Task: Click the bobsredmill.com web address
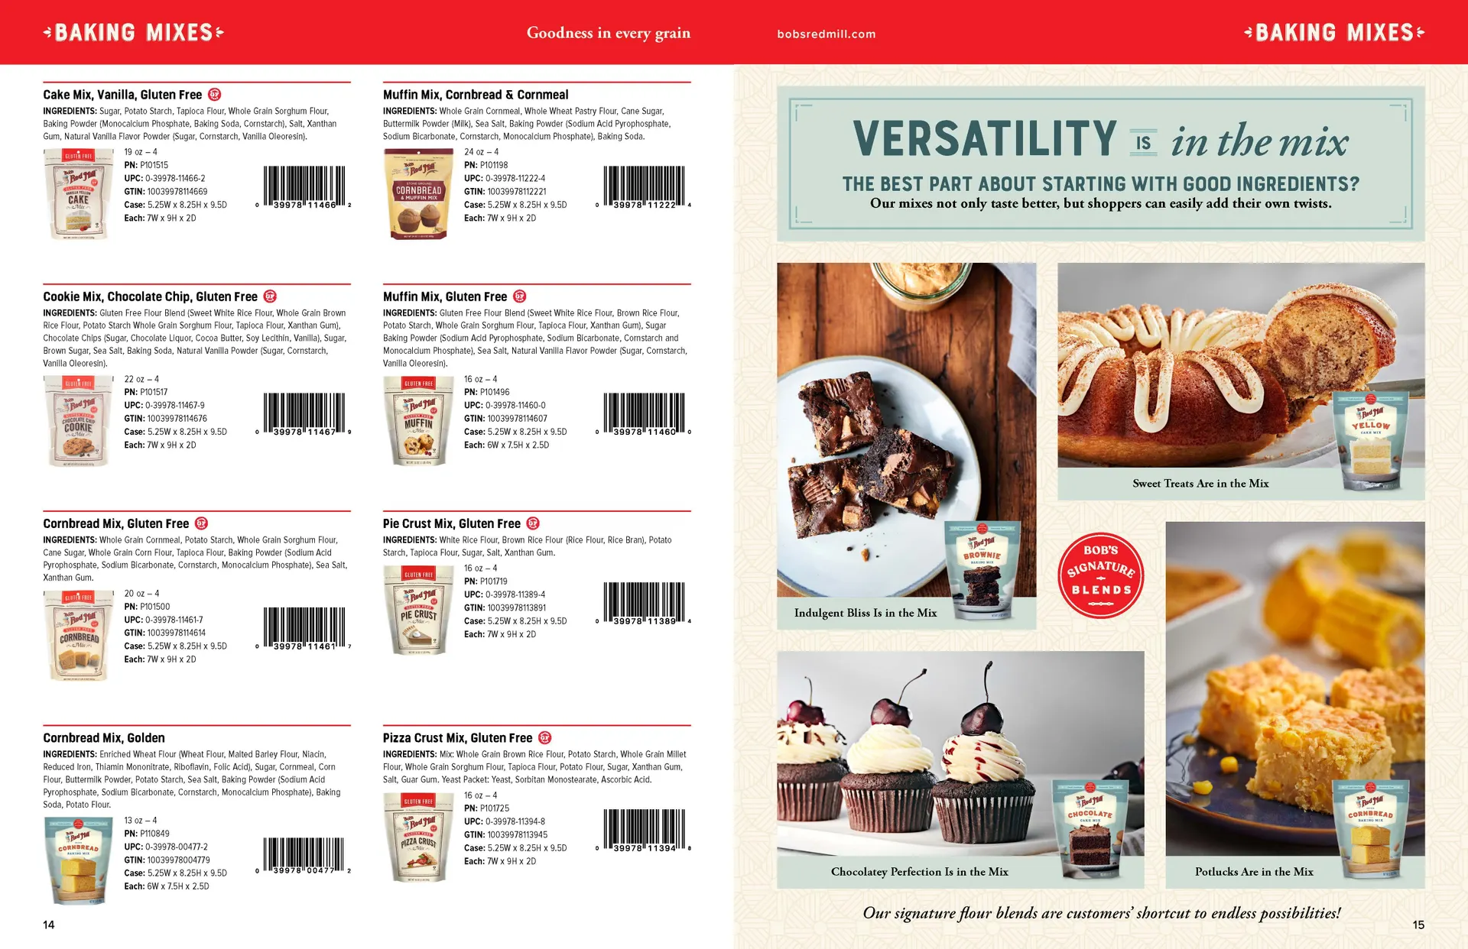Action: tap(826, 34)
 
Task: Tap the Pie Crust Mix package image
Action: tap(419, 610)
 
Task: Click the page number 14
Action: tap(49, 925)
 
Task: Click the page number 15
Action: tap(1418, 925)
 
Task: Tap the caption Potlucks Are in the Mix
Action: tap(1254, 872)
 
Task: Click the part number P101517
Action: tap(154, 392)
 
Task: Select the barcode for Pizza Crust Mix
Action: tap(644, 830)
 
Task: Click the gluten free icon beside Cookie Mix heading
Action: tap(270, 296)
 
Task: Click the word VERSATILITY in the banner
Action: tap(985, 139)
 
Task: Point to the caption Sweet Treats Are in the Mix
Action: tap(1200, 484)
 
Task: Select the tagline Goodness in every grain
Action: tap(608, 33)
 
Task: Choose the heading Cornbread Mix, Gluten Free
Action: tap(115, 523)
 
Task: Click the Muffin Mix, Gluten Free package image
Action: tap(418, 421)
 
